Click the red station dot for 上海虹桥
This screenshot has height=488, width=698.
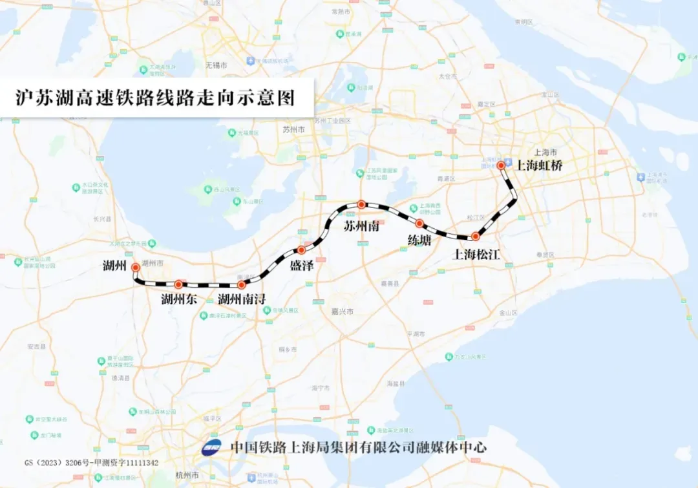click(501, 165)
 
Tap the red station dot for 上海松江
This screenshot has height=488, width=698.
click(475, 237)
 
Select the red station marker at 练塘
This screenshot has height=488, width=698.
click(419, 224)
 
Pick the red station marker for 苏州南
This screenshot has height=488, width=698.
click(362, 204)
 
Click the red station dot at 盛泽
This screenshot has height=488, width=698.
click(301, 250)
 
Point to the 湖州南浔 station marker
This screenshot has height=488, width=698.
click(242, 284)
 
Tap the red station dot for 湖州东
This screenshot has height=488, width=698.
click(178, 284)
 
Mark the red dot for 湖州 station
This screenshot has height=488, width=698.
click(136, 267)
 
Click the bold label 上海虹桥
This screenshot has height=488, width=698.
click(539, 165)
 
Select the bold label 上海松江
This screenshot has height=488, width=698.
click(477, 254)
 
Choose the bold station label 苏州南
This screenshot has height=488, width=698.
click(361, 228)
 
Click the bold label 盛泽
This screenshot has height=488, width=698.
click(301, 266)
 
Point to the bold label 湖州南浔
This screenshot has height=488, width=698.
click(242, 299)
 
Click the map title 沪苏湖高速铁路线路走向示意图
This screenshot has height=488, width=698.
click(155, 98)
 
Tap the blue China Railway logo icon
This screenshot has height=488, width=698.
click(211, 447)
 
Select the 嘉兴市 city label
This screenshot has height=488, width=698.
click(343, 312)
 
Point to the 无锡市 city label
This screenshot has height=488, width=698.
click(217, 66)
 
